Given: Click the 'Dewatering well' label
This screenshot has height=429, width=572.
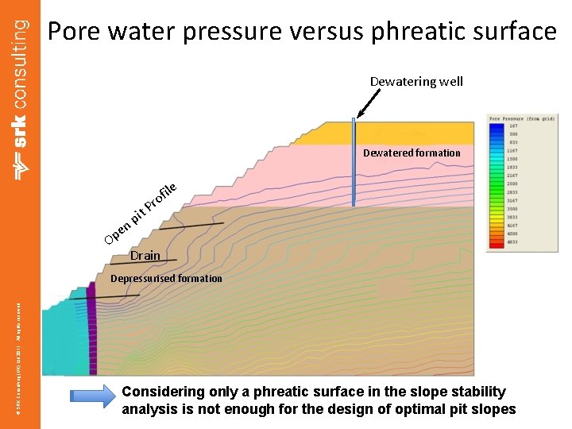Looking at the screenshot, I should click(416, 81).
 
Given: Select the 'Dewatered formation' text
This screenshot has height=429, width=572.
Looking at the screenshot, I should click(412, 153).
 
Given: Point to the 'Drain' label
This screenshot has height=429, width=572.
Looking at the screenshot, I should click(145, 256).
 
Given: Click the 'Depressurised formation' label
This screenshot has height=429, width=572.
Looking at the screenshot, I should click(166, 278).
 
